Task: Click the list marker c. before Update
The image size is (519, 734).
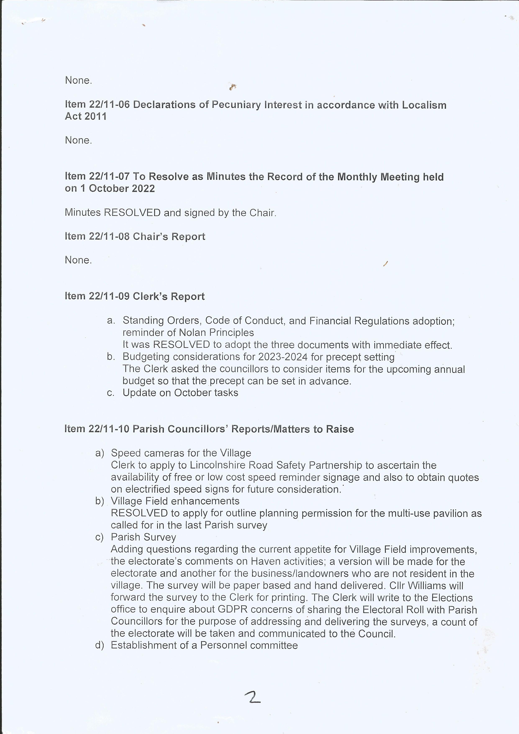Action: click(111, 393)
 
